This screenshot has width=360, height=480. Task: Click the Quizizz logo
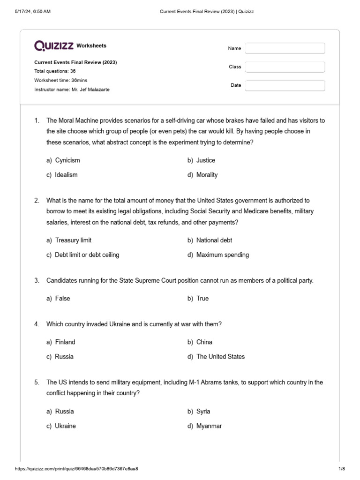(54, 45)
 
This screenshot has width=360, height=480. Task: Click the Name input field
(285, 48)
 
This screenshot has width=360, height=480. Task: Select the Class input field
(285, 67)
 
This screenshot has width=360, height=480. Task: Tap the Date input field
(285, 85)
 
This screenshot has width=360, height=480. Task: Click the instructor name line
(72, 90)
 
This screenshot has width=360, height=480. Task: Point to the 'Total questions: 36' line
(55, 71)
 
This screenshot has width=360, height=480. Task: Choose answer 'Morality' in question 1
(207, 175)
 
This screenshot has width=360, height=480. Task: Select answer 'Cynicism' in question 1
(67, 160)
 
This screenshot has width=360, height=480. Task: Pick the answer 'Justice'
(205, 160)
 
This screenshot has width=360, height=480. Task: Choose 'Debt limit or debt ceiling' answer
(87, 255)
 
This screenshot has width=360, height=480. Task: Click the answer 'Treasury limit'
(73, 240)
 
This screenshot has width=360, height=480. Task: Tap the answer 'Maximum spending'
(222, 255)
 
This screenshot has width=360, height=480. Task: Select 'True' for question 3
(202, 299)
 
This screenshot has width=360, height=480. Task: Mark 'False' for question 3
(62, 299)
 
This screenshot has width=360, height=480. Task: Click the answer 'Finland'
(65, 342)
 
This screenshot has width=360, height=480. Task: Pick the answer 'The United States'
(220, 357)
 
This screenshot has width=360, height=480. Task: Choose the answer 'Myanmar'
(209, 426)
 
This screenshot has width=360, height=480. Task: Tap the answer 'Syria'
(203, 412)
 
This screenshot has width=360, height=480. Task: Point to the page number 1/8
(341, 469)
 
